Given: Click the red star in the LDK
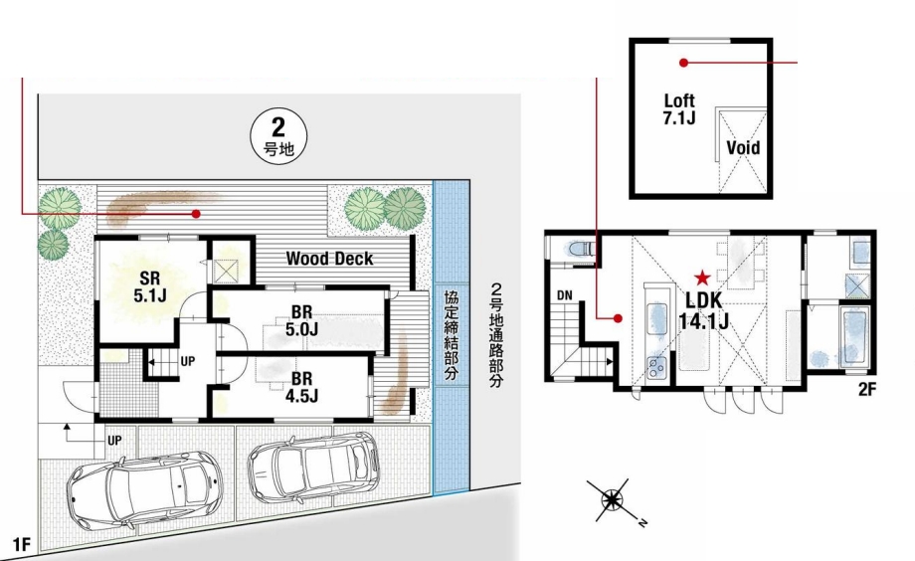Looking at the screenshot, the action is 702,278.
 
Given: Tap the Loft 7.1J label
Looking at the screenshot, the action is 679,109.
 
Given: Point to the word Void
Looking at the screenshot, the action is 743,147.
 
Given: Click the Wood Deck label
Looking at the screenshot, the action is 329,259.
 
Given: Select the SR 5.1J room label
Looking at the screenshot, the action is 150,286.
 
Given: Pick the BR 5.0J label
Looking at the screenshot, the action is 301,320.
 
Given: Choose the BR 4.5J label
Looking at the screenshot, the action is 301,387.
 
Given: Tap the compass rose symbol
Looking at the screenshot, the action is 614,499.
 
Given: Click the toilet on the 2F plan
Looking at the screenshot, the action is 580,250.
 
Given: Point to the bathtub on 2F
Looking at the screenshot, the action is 854,338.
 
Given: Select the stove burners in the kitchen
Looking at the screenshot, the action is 658,368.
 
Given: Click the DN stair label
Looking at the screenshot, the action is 564,295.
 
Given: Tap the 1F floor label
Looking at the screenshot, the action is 21,545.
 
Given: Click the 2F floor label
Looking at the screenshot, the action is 867,389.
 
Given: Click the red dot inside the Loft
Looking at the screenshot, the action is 684,62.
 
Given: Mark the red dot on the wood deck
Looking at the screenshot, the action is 197,214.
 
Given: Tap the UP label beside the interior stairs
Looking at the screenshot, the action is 187,362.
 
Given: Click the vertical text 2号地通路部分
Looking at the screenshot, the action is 496,335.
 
